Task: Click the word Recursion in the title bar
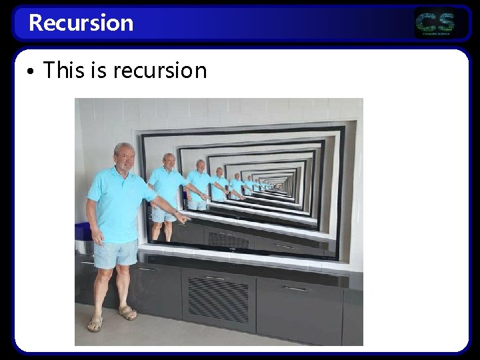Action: (x=81, y=23)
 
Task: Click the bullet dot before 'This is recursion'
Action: (x=31, y=71)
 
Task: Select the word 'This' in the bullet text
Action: (x=64, y=70)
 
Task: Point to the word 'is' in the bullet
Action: (x=98, y=70)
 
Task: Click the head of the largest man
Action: (x=123, y=156)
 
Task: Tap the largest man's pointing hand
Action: (x=181, y=217)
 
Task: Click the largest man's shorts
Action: (x=115, y=254)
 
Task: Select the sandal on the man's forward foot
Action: (x=127, y=313)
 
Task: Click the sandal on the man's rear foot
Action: (x=95, y=323)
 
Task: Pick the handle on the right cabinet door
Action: (x=295, y=289)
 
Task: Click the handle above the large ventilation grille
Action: (x=215, y=277)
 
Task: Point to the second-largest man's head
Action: (x=169, y=161)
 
